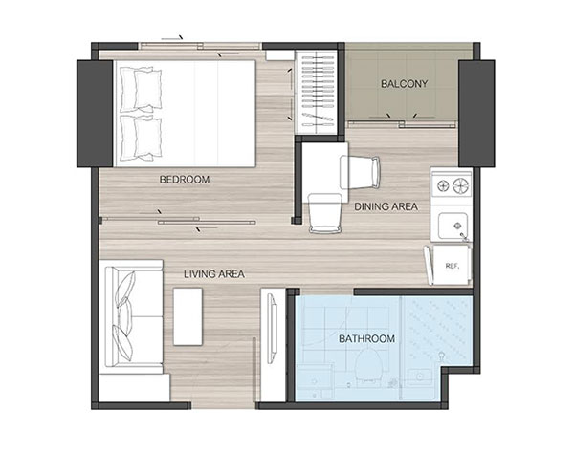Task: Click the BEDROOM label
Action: (185, 180)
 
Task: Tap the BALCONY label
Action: (404, 84)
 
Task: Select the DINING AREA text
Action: (386, 206)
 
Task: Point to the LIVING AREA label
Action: (214, 274)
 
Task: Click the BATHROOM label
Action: (366, 339)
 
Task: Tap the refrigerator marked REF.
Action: (451, 265)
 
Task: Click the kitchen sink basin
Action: (453, 226)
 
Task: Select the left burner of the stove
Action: (443, 186)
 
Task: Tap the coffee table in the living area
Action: (188, 316)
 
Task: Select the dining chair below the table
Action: (324, 213)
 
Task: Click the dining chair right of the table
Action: (361, 172)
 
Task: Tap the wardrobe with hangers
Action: (317, 92)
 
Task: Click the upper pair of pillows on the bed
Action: (141, 90)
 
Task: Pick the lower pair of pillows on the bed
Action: (141, 138)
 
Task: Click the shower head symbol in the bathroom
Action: (442, 356)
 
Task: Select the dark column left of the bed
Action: (95, 114)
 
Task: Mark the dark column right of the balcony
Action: (476, 114)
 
